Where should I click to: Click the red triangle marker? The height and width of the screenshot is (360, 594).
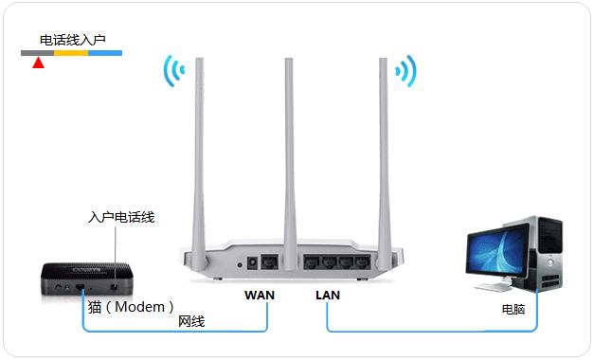[38, 63]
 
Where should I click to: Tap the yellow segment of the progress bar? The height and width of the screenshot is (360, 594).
[71, 53]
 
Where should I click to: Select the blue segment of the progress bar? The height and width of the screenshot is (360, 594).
[105, 53]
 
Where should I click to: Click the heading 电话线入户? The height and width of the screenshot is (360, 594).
[72, 41]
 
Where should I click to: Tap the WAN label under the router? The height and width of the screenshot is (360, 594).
[259, 296]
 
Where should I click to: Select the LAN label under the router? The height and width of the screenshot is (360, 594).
[328, 296]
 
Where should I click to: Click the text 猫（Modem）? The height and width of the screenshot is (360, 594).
[132, 307]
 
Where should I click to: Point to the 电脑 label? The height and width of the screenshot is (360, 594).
[513, 310]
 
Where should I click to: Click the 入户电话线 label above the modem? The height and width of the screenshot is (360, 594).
[120, 218]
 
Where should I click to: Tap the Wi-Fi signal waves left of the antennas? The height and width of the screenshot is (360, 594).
[171, 72]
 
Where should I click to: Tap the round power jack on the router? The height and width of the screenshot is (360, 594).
[253, 262]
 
